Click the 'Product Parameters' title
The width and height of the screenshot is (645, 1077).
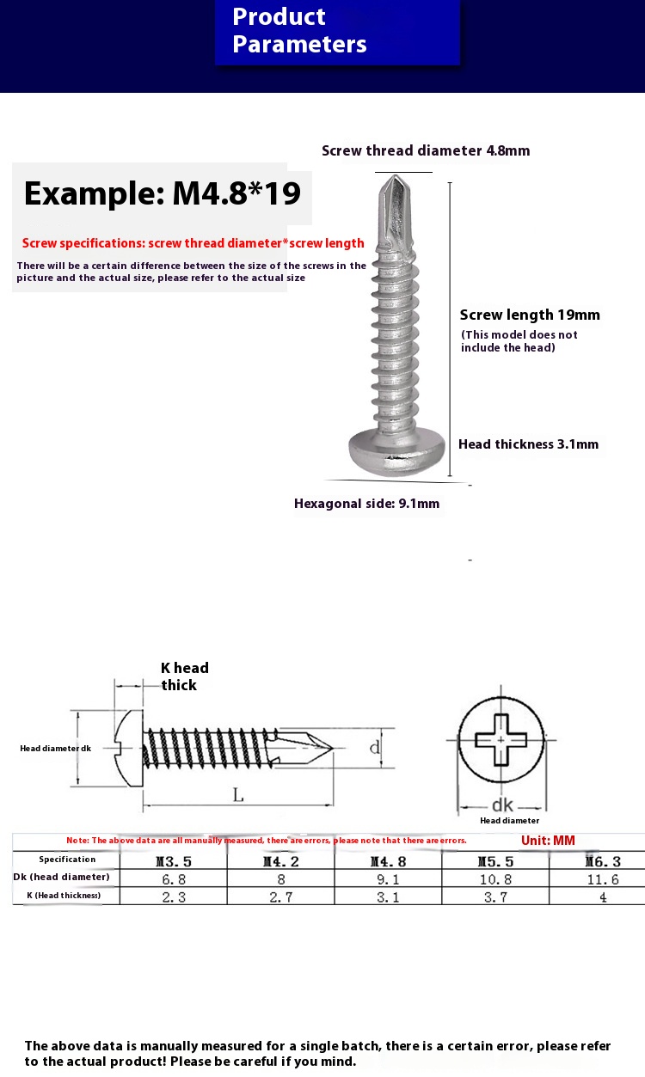299,31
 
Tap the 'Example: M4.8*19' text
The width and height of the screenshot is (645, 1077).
162,193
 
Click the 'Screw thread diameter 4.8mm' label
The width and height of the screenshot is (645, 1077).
426,151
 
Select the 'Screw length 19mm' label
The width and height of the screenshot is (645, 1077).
530,315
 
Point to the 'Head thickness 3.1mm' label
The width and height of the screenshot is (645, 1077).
528,444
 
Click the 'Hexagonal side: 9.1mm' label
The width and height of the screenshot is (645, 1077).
366,504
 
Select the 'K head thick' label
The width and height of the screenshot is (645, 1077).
184,676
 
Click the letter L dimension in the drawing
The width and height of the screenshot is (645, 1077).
238,795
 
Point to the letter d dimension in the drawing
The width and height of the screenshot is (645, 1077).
375,748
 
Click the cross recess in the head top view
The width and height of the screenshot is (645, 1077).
501,740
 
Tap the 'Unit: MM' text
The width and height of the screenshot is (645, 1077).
548,841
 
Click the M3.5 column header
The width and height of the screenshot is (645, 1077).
173,861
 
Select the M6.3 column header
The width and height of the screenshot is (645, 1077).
603,861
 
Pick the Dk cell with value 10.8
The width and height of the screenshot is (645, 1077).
495,879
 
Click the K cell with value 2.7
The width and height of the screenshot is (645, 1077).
280,896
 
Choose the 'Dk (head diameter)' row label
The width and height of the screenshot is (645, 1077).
62,877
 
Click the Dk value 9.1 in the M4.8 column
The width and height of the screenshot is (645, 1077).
388,879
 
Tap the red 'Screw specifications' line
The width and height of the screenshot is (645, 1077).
193,243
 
